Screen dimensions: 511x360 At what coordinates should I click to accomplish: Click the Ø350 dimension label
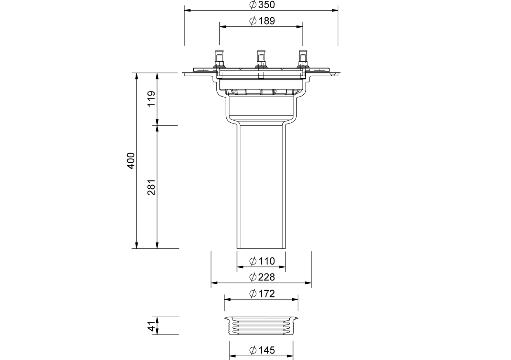[262, 5]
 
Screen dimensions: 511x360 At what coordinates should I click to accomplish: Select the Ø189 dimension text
[262, 21]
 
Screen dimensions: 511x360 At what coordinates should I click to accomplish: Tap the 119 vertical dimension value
[151, 99]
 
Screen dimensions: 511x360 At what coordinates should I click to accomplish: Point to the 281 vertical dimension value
[151, 187]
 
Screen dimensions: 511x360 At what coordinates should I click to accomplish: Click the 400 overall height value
[131, 161]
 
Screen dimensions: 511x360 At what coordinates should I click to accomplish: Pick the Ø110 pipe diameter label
[262, 261]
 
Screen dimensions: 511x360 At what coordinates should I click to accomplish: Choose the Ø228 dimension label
[262, 277]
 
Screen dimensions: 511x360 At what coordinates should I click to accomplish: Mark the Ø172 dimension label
[262, 294]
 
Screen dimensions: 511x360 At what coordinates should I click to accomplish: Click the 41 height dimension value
[151, 326]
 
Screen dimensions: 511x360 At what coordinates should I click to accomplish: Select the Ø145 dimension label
[262, 350]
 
